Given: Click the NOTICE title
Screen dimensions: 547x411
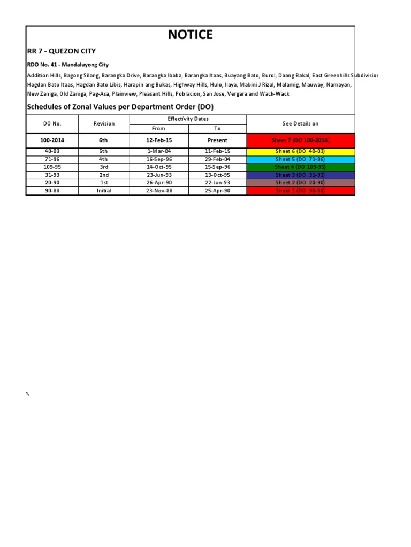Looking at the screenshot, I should [190, 35].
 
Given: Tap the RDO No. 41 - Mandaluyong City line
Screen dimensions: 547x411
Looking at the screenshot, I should [68, 65].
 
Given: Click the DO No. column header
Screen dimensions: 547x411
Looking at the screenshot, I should [52, 124].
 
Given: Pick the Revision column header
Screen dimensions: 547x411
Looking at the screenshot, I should [104, 124].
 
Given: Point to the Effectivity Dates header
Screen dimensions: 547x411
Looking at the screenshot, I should [188, 119].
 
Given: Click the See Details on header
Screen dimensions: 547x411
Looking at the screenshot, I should [300, 124].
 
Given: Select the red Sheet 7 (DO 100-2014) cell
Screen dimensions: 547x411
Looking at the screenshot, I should [300, 140].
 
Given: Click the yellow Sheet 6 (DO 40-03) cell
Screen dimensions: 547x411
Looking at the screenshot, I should [300, 152].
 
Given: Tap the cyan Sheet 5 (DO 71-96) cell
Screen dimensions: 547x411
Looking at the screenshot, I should [300, 159].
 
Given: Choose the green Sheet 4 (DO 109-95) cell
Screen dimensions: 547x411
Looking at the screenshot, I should [300, 167].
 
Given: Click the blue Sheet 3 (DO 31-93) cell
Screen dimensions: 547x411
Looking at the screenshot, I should [300, 175].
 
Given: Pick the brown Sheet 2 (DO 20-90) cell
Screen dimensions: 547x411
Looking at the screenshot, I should [300, 183].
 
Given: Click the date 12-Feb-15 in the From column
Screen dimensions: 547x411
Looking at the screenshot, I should [159, 140].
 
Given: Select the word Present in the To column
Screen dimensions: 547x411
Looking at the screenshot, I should [217, 140].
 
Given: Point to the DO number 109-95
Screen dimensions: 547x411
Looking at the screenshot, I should [52, 167].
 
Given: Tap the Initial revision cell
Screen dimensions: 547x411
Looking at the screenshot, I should [104, 191].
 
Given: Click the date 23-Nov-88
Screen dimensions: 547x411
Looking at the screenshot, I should [159, 191].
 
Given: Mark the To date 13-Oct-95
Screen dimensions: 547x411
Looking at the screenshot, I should [217, 175].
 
